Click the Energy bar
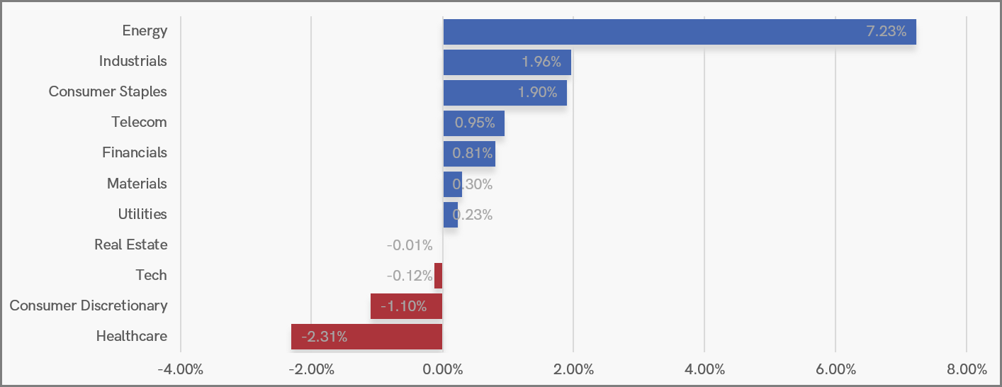(x=679, y=32)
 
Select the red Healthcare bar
(x=366, y=337)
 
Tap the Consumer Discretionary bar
(x=406, y=306)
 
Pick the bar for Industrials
(x=507, y=62)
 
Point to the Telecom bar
(x=473, y=123)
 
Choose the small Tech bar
(x=439, y=276)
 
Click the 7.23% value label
(x=886, y=31)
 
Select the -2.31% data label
(x=324, y=337)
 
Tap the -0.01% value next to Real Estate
(x=410, y=245)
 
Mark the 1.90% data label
(x=537, y=92)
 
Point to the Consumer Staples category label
(x=108, y=91)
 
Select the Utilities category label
(x=142, y=214)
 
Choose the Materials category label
(x=137, y=184)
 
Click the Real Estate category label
(x=130, y=245)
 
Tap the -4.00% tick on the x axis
(x=180, y=369)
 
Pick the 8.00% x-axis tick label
(x=967, y=369)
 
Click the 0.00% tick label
(x=442, y=369)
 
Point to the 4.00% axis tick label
(x=704, y=369)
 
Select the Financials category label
(x=135, y=152)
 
